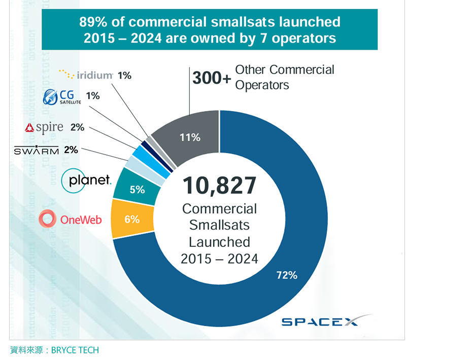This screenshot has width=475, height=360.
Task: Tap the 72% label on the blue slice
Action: click(x=286, y=275)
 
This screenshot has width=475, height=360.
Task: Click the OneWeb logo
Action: click(x=71, y=220)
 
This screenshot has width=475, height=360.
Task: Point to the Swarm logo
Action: click(x=36, y=150)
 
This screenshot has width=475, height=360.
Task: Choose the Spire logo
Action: click(x=44, y=128)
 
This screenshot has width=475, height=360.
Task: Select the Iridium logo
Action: click(x=86, y=75)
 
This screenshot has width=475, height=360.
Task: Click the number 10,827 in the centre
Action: click(x=219, y=186)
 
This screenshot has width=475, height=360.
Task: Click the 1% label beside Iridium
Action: click(x=124, y=76)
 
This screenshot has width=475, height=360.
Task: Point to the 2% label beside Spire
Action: click(x=77, y=128)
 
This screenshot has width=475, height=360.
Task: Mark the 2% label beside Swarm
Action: click(x=71, y=150)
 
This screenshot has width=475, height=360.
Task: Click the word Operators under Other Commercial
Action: click(x=262, y=85)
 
